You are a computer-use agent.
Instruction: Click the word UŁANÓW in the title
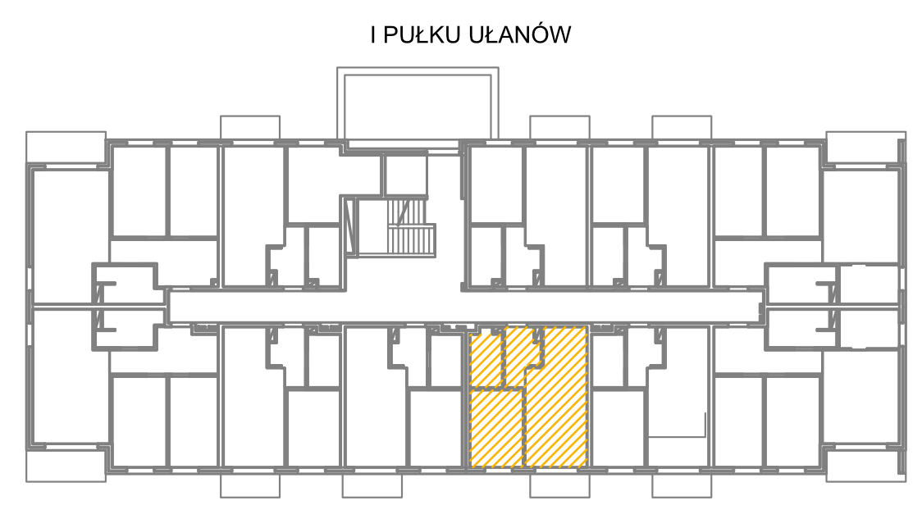coord(520,34)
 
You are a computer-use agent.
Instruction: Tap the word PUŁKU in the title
coord(422,34)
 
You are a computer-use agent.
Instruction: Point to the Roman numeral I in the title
coord(373,34)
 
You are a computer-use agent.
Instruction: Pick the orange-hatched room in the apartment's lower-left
coord(496,430)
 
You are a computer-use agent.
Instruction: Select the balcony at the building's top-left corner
coord(66,147)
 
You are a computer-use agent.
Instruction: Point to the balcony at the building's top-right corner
coord(865,148)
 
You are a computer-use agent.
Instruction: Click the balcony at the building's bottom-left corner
coord(66,465)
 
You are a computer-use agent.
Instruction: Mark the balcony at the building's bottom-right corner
coord(865,465)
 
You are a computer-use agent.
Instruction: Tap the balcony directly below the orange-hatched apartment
coord(559,485)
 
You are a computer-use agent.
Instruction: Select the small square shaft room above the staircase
coord(404,175)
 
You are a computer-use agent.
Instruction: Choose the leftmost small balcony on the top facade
coord(250,128)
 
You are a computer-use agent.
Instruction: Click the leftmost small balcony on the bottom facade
coord(250,485)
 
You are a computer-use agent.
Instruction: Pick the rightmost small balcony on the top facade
coord(682,128)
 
